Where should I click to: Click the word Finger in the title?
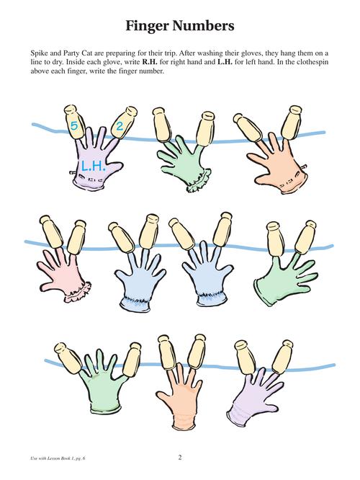(148, 27)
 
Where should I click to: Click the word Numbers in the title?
(203, 26)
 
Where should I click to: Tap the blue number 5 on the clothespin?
(73, 125)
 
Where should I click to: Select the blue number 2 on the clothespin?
(119, 126)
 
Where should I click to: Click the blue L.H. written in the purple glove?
(94, 166)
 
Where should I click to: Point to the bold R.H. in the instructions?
(150, 62)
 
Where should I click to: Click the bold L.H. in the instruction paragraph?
(225, 62)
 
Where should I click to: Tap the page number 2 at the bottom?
(180, 458)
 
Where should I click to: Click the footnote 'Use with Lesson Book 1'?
(53, 458)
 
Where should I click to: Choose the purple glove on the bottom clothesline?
(254, 397)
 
